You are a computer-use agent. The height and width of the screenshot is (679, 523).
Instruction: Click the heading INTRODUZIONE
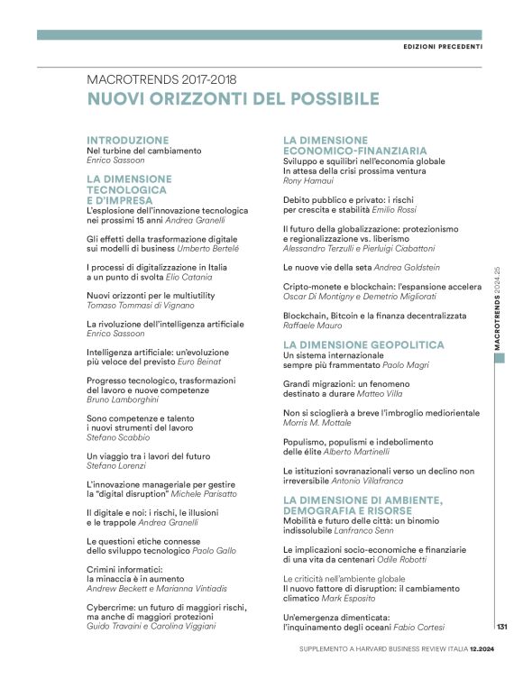pos(127,140)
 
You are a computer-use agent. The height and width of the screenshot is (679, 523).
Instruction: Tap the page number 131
pos(503,627)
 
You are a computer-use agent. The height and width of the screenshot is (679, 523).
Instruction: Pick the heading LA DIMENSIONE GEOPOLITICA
pos(363,344)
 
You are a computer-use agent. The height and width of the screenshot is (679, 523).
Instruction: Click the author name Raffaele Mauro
pos(313,326)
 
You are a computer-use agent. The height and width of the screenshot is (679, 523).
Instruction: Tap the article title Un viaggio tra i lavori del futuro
pos(148,457)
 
